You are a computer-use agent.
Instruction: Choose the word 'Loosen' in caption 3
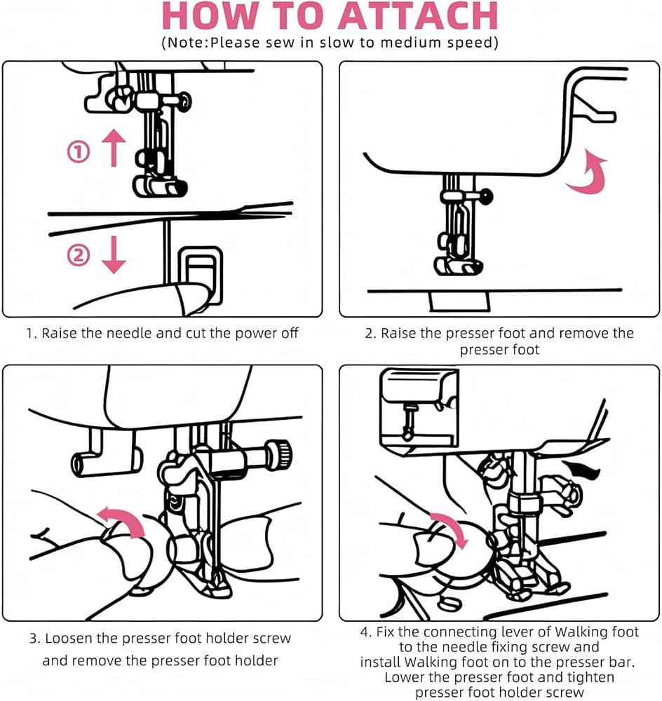(69, 639)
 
